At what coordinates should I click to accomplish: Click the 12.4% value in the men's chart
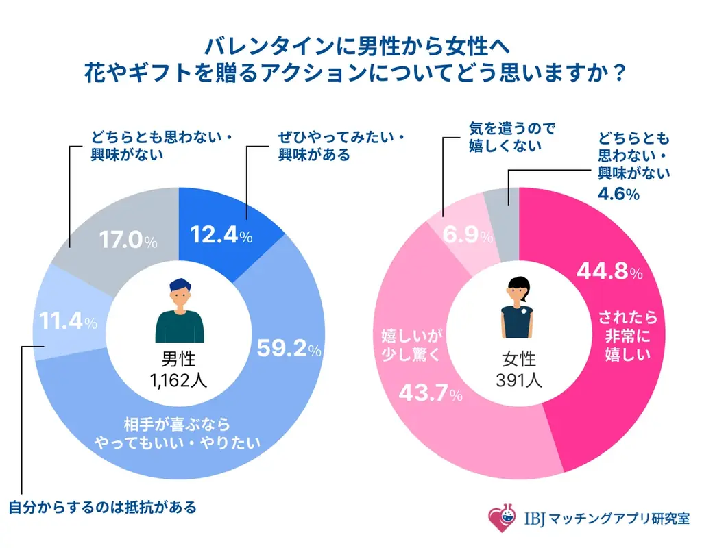[221, 236]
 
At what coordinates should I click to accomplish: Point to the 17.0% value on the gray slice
[129, 240]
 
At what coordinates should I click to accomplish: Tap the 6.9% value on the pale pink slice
[468, 237]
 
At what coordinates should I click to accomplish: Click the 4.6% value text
[619, 194]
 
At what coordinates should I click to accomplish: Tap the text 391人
[519, 379]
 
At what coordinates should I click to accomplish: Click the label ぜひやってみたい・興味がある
[331, 146]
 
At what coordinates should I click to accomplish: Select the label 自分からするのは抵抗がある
[103, 508]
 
